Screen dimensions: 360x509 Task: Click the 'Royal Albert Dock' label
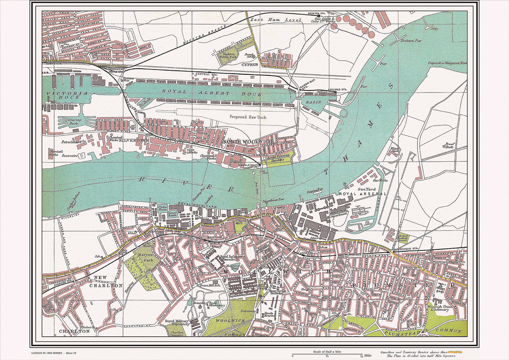211,93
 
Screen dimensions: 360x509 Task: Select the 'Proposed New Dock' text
248,117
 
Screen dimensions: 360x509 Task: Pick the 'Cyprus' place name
250,65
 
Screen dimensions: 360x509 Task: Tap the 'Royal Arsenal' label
363,194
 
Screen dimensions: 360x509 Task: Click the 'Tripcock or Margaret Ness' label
447,63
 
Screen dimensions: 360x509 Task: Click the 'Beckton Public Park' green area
228,57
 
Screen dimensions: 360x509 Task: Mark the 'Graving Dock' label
74,122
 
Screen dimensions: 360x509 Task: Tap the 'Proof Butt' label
450,145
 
